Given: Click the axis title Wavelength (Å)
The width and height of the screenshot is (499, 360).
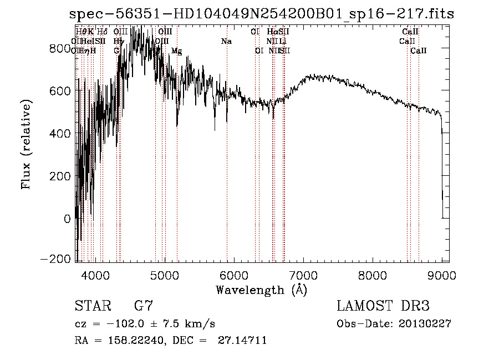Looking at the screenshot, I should [x=261, y=290].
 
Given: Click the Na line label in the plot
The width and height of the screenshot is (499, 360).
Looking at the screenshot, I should [x=226, y=42].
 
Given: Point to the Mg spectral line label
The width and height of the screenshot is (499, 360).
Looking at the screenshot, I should [x=176, y=51].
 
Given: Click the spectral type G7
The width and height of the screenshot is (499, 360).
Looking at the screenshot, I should [x=144, y=306].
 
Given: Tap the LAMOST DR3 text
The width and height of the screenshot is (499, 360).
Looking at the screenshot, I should [x=383, y=306].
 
